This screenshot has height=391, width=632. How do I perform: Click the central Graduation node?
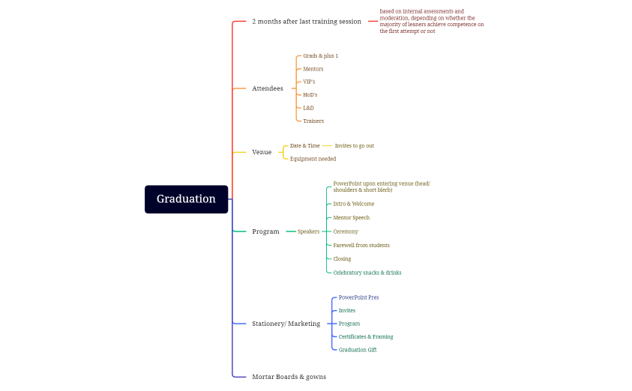pyautogui.click(x=186, y=199)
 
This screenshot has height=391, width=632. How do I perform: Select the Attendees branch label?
pyautogui.click(x=268, y=88)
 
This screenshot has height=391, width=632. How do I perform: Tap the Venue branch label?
pyautogui.click(x=262, y=152)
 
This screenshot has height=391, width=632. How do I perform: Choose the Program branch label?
pyautogui.click(x=265, y=231)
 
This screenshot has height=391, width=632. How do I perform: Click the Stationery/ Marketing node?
pyautogui.click(x=286, y=324)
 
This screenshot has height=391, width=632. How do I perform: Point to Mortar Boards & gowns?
pyautogui.click(x=289, y=376)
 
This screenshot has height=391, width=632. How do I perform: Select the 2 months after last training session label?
pyautogui.click(x=306, y=22)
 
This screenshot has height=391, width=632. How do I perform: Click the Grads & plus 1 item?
pyautogui.click(x=320, y=56)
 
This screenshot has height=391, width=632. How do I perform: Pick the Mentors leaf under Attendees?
pyautogui.click(x=313, y=69)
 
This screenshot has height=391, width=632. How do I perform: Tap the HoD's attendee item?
pyautogui.click(x=310, y=95)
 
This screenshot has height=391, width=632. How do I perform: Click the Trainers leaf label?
pyautogui.click(x=313, y=121)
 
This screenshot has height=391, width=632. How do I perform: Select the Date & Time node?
pyautogui.click(x=304, y=145)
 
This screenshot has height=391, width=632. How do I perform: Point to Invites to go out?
pyautogui.click(x=354, y=145)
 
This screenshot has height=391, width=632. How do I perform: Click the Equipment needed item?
pyautogui.click(x=313, y=159)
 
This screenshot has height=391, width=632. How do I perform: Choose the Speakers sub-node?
pyautogui.click(x=308, y=231)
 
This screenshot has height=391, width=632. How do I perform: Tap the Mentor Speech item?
pyautogui.click(x=351, y=217)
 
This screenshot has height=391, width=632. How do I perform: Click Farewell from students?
pyautogui.click(x=361, y=245)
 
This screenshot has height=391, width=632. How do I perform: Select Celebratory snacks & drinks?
pyautogui.click(x=367, y=273)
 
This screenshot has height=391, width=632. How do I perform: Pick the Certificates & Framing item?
pyautogui.click(x=365, y=336)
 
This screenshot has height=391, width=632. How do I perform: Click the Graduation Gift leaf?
pyautogui.click(x=357, y=350)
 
